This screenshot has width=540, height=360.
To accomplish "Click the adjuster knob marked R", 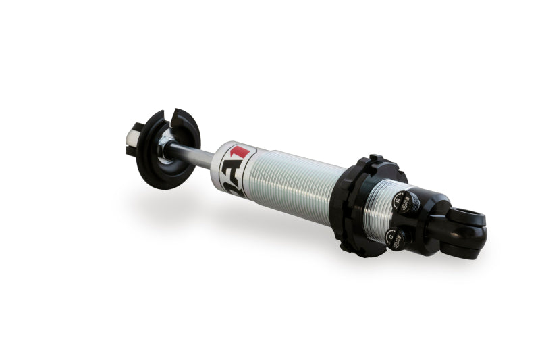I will pos(408,203).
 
